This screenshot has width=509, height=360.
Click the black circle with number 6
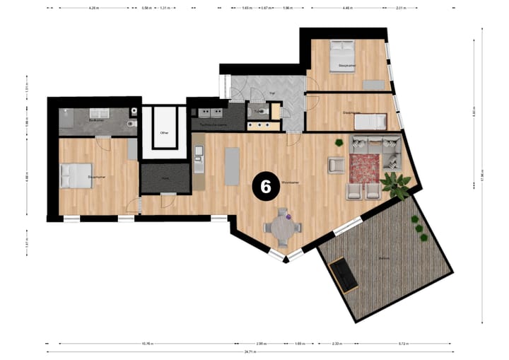click(266, 186)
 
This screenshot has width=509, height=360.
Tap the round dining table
click(283, 227)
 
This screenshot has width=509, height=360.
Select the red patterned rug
click(363, 167)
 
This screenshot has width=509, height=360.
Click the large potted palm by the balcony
click(396, 185)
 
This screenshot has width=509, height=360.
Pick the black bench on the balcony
click(345, 275)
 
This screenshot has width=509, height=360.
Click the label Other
click(164, 132)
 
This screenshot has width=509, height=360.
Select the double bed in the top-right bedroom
click(344, 53)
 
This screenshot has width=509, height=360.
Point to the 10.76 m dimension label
click(147, 344)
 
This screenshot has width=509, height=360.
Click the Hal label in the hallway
click(271, 93)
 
